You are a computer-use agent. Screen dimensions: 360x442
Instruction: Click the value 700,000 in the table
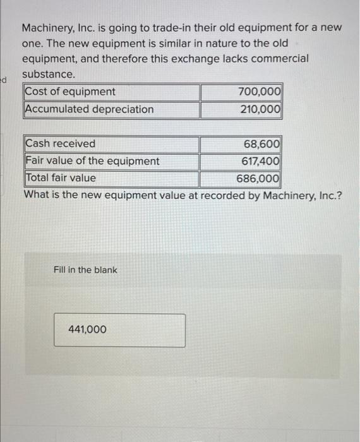click(260, 92)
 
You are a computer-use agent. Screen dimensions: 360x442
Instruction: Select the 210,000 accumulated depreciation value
click(260, 109)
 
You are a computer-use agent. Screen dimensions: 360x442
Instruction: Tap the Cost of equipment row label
click(70, 92)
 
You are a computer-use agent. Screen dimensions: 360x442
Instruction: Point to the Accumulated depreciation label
click(89, 109)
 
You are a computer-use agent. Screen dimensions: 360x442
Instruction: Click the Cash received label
click(61, 144)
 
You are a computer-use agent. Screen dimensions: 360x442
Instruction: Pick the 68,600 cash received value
click(262, 144)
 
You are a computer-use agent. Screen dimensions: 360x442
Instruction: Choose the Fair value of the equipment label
click(92, 161)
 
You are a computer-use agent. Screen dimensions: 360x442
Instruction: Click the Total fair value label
click(61, 178)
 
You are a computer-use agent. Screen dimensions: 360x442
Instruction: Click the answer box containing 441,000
click(119, 330)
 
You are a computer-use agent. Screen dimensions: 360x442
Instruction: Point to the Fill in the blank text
click(85, 270)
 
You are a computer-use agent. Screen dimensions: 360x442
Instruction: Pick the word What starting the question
click(37, 194)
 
